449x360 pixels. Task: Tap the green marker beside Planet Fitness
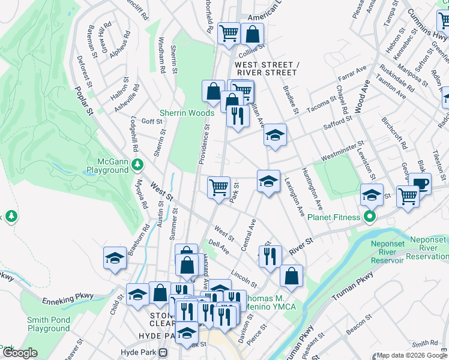(x=371, y=217)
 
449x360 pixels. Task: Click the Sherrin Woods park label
(x=187, y=113)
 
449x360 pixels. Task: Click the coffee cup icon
(x=420, y=184)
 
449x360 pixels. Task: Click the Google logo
(x=20, y=353)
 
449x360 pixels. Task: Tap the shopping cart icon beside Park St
(x=219, y=187)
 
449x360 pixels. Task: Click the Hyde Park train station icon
(x=163, y=353)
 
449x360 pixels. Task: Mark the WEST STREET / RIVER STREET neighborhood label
(x=266, y=68)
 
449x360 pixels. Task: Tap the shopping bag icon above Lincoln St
(x=291, y=275)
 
